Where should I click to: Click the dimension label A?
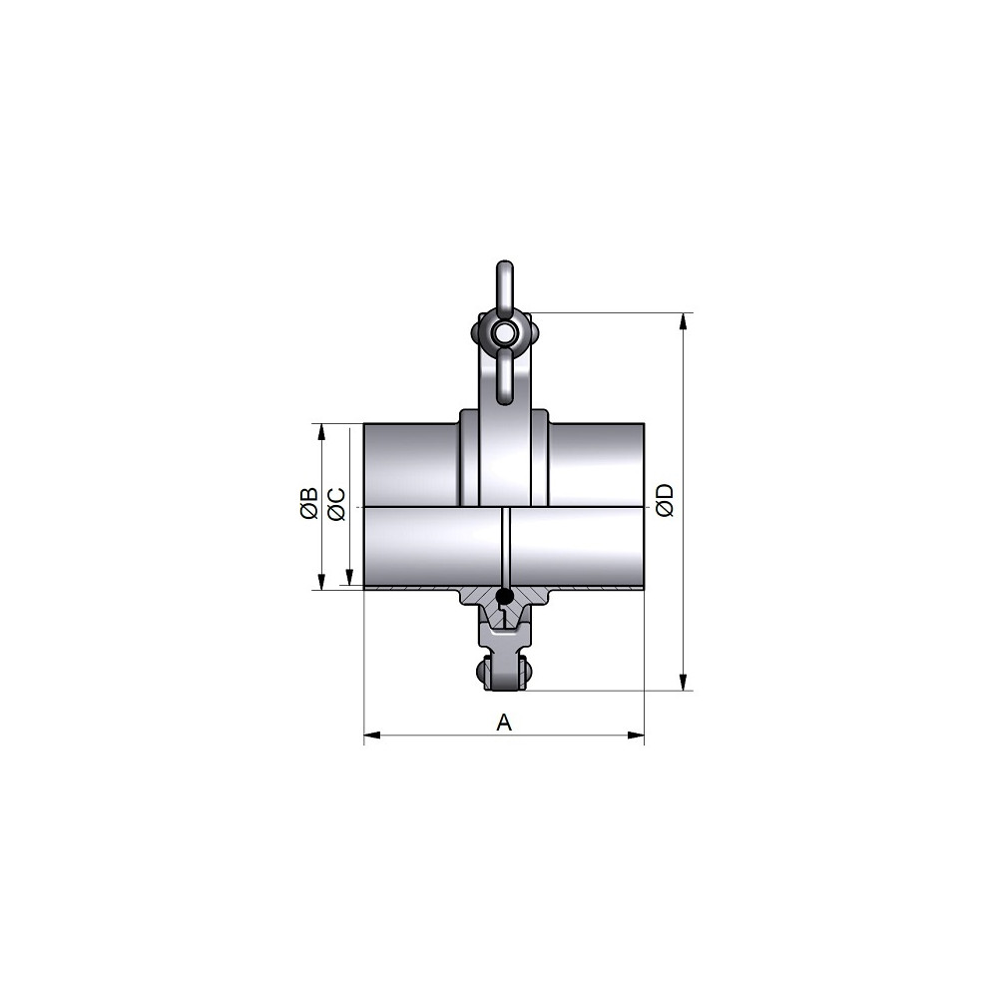(503, 723)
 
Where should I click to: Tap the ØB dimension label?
(309, 503)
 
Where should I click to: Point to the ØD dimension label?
(665, 500)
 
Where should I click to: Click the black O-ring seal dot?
(505, 597)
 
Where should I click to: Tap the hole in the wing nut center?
(505, 331)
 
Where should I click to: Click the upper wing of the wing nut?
(505, 285)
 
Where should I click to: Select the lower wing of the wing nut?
(505, 377)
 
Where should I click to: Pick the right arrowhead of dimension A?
(636, 736)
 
